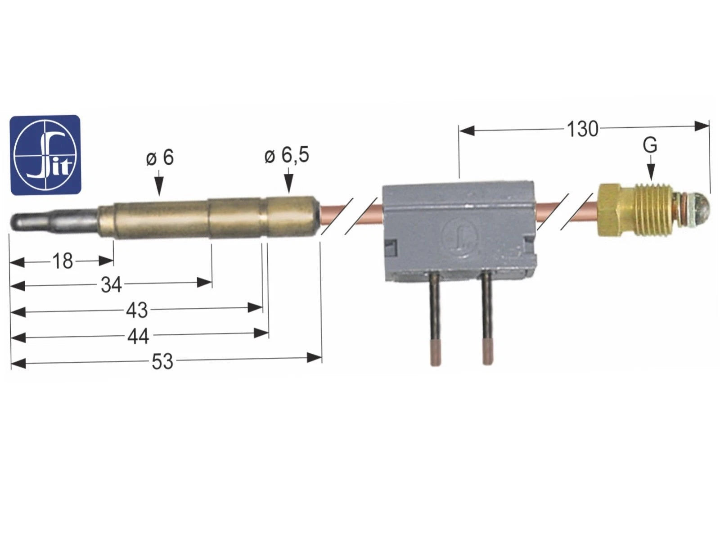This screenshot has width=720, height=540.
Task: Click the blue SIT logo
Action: [x=45, y=155]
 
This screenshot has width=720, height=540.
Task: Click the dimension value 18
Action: [x=63, y=261]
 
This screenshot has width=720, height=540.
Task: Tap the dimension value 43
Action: [x=137, y=310]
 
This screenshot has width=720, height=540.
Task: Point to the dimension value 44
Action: [x=138, y=336]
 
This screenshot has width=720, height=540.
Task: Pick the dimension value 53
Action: [x=162, y=362]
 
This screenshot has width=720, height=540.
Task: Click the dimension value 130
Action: [x=583, y=129]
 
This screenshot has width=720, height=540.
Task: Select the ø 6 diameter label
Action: [x=160, y=157]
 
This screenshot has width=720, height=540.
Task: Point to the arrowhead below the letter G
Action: [x=651, y=172]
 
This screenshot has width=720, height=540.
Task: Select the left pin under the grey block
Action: [x=435, y=319]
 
